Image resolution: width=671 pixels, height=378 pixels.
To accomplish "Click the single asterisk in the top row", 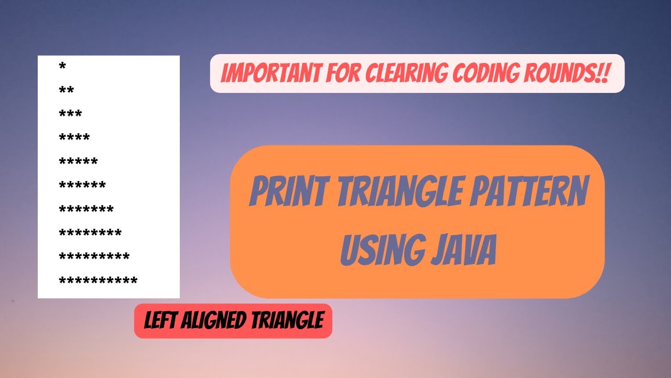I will (x=63, y=67).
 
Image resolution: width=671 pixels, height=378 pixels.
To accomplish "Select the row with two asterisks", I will (x=67, y=90).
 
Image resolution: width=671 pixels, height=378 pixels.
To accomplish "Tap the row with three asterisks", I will (x=71, y=114).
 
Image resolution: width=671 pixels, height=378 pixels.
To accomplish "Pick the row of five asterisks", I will (x=79, y=161).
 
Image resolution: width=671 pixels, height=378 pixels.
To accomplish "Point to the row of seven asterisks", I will (x=86, y=209).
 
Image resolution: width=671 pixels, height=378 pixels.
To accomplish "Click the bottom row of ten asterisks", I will (x=99, y=281).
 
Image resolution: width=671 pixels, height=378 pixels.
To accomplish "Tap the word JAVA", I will (x=463, y=250).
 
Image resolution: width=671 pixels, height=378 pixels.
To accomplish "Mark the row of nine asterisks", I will (x=94, y=257).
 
